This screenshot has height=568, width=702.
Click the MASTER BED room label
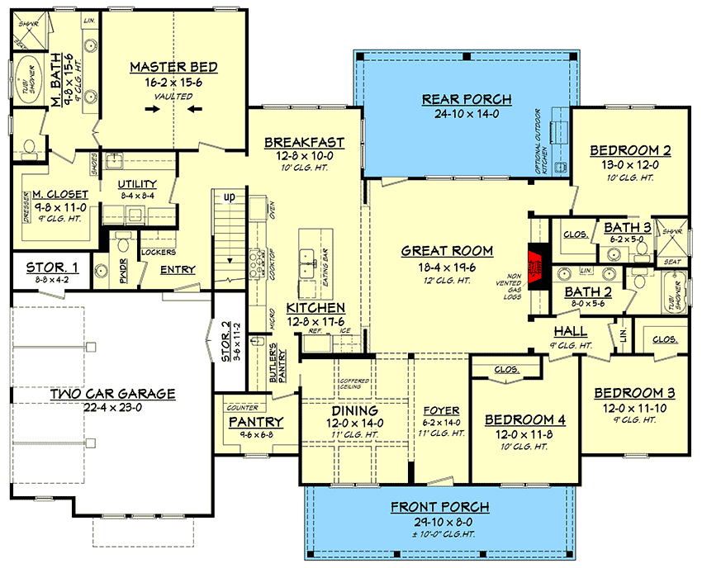click(x=173, y=67)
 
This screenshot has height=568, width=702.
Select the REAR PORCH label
click(x=467, y=99)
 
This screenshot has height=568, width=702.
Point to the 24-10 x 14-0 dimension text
click(x=467, y=114)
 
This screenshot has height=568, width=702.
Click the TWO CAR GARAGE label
click(x=112, y=394)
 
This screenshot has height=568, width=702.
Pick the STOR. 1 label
click(x=52, y=267)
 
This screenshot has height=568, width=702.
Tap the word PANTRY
click(x=256, y=422)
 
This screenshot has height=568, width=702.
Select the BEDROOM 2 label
click(x=629, y=150)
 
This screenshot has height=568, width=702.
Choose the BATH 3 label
click(x=626, y=227)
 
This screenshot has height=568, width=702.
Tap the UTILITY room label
click(x=137, y=183)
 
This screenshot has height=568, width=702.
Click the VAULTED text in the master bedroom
click(x=173, y=97)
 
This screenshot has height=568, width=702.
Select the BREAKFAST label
click(x=304, y=143)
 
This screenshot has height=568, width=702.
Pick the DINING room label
click(x=355, y=409)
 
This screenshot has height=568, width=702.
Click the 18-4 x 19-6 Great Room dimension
click(x=447, y=266)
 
